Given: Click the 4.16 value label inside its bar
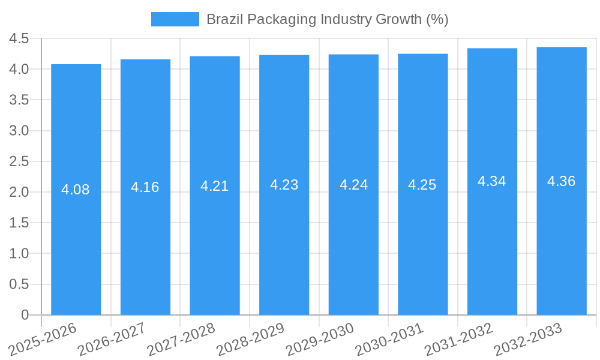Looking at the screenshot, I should pos(145,187).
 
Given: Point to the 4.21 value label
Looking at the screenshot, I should pos(215,186).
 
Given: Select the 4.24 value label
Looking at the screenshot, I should pos(353,185).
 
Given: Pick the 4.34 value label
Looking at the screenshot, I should pos(492,181).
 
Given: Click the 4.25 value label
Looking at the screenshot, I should pos(422,185).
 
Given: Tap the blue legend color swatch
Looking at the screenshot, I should pos(175,19).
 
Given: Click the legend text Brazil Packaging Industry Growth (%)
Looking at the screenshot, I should pos(327,19).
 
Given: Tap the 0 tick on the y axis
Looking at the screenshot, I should pos(25,315).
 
